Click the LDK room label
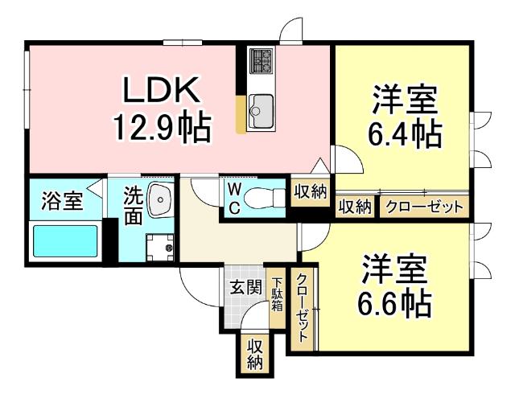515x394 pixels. click(x=158, y=91)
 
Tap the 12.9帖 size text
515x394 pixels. click(x=160, y=127)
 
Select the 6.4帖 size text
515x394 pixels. click(x=405, y=133)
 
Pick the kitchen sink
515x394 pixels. click(x=262, y=105)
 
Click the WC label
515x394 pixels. click(x=232, y=198)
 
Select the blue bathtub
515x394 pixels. click(x=64, y=242)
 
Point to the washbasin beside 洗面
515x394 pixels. click(x=161, y=196)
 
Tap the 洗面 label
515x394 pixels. click(x=133, y=204)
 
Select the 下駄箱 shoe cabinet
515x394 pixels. click(x=277, y=294)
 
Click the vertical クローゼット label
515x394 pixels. click(x=302, y=309)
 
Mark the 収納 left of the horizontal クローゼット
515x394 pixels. click(x=354, y=207)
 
